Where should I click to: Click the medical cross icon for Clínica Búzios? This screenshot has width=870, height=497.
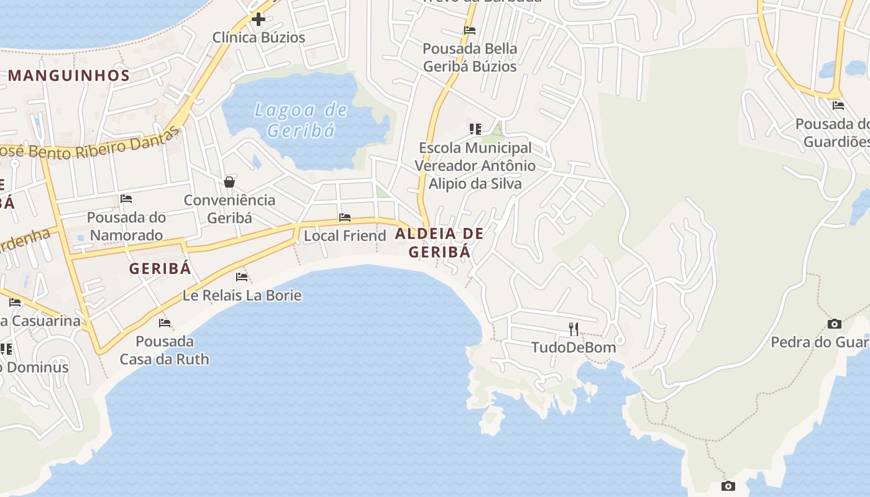259,19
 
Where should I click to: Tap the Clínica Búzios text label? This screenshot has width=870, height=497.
259,37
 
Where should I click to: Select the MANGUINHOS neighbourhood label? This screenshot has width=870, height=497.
69,76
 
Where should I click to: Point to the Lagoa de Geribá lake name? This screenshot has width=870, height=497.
301,120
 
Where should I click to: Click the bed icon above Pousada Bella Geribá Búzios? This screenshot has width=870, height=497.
470,30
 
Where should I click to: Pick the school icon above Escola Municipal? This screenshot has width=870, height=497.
475,129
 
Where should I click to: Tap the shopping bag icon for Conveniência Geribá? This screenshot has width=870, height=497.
229,182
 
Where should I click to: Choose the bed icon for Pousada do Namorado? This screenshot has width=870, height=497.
126,199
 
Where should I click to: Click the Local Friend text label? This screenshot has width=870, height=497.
345,236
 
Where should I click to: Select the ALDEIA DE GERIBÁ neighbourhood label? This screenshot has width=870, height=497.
439,243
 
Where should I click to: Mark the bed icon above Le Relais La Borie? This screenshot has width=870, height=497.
242,276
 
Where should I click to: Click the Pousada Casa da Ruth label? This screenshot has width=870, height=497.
165,350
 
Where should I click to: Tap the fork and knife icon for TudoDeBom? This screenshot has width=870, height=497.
574,329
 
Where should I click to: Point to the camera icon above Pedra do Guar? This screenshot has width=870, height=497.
835,324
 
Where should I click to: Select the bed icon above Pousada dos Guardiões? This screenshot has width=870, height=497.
838,106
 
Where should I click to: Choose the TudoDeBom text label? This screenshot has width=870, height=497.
574,347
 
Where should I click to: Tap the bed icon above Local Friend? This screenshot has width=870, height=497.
345,217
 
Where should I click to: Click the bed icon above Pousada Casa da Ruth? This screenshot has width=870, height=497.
165,322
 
